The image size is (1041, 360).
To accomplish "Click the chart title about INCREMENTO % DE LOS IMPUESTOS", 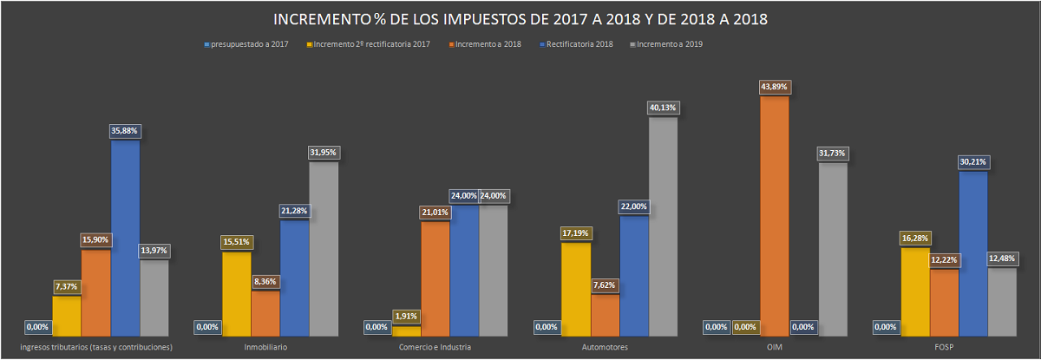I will tap(520, 19).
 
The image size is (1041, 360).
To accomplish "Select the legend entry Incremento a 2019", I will tap(669, 44).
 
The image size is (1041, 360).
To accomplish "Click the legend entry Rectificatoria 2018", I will tap(579, 44).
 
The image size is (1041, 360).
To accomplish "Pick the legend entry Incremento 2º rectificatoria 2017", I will tap(373, 44).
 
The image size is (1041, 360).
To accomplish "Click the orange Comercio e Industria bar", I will tap(435, 278).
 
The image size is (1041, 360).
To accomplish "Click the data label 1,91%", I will tap(406, 316).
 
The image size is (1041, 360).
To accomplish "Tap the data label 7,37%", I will tap(67, 286).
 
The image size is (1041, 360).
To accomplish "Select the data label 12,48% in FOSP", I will tap(1001, 258).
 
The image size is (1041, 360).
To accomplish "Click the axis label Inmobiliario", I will tap(265, 347).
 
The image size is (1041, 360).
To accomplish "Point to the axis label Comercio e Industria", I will tap(435, 347).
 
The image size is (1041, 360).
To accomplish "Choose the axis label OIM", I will tap(775, 347).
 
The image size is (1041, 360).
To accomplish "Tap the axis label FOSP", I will tap(945, 347).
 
